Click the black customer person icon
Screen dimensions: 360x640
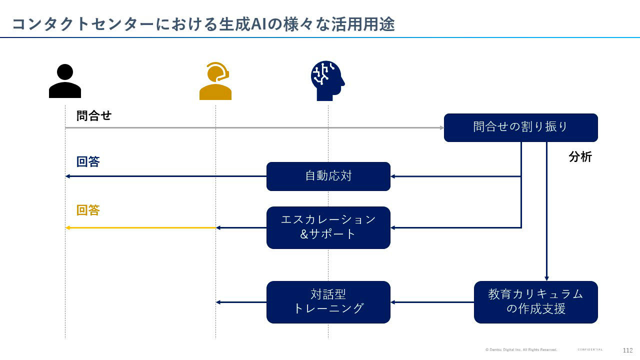point(65,81)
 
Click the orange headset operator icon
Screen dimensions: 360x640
point(215,81)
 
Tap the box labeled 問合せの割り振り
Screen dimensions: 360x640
point(520,127)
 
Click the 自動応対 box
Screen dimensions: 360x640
point(328,176)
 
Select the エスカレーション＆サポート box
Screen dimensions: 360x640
point(328,227)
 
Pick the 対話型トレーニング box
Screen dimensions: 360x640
point(328,302)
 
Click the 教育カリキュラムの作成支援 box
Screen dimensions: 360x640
point(535,302)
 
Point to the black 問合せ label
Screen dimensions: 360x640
point(94,116)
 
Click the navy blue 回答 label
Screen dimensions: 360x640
point(88,162)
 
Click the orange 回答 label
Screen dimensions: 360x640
point(88,210)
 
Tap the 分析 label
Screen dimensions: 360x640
point(580,157)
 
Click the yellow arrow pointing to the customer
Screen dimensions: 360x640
point(140,228)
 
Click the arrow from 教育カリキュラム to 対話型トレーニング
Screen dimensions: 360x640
point(432,302)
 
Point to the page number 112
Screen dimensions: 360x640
point(627,350)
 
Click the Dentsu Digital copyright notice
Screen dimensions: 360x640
point(520,350)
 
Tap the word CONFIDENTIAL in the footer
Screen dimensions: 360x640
point(590,350)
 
